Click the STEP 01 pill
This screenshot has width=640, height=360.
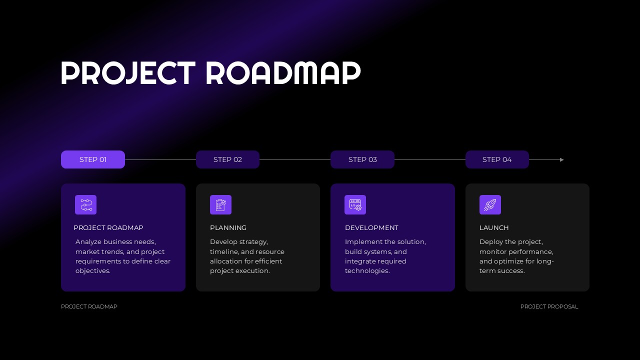tap(93, 159)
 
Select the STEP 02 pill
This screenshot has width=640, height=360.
tap(227, 159)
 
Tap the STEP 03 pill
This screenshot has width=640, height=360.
tap(362, 159)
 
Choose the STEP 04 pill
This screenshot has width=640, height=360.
tap(497, 159)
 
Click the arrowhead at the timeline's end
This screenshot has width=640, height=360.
tap(562, 160)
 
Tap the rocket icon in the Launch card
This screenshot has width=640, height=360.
tap(490, 204)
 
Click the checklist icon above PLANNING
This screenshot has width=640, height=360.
tap(220, 204)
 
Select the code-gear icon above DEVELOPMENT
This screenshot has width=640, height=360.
tap(355, 204)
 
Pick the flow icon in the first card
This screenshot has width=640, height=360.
tap(85, 204)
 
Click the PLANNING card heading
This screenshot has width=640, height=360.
tap(228, 228)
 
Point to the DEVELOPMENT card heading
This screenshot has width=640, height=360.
tap(371, 228)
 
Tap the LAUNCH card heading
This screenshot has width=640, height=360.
tap(494, 228)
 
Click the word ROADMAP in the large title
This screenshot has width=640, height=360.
tap(283, 73)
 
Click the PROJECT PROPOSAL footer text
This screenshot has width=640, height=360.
tap(549, 306)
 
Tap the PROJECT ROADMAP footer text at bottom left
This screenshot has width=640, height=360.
tap(89, 306)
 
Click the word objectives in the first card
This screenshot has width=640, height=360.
tap(92, 271)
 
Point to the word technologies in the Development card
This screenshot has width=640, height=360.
tap(366, 271)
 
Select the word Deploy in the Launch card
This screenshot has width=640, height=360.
tap(490, 242)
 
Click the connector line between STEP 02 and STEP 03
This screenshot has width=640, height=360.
tap(295, 160)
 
